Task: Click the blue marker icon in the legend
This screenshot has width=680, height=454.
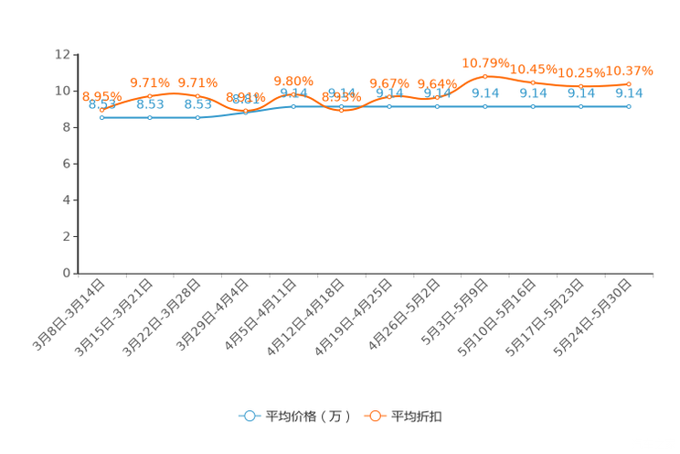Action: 249,416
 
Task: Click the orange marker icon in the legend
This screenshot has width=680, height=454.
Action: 374,416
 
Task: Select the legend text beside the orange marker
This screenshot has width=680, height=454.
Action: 417,416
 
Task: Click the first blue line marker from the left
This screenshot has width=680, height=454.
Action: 101,118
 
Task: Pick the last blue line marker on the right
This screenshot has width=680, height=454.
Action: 629,106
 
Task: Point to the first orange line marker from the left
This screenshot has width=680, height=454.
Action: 101,109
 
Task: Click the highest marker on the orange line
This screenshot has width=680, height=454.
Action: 485,74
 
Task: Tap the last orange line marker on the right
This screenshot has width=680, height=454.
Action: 629,83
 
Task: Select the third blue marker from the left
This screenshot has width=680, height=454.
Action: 197,118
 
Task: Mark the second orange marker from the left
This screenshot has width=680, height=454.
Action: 149,95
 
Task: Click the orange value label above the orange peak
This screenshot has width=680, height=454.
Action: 485,62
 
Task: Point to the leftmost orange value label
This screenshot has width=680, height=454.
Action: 101,95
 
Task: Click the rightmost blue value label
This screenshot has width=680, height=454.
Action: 629,92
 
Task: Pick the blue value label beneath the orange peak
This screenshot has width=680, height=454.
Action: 485,92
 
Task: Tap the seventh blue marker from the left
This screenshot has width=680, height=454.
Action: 389,106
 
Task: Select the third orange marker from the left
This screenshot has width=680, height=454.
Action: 197,95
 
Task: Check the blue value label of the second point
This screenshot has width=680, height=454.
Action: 149,104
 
